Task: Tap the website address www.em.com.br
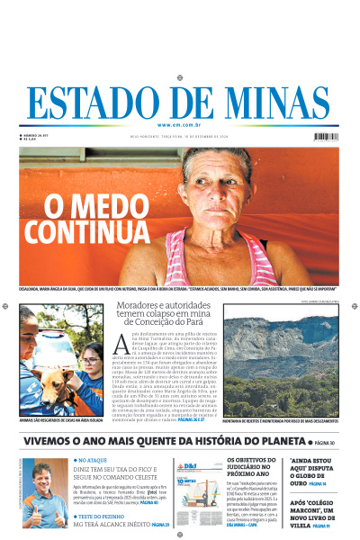(180, 125)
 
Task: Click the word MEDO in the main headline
(88, 205)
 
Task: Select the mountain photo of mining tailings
(280, 359)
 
